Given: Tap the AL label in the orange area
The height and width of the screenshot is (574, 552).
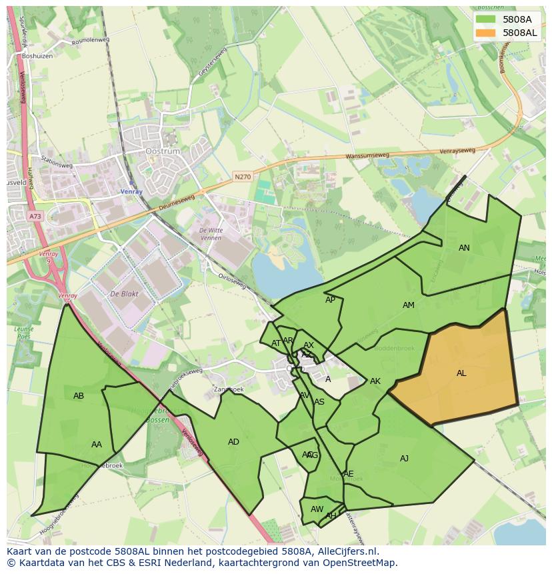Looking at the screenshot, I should pyautogui.click(x=461, y=373).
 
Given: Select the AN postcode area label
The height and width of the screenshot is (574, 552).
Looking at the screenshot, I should pyautogui.click(x=464, y=248).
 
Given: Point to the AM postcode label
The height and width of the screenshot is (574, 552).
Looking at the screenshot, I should pyautogui.click(x=409, y=305).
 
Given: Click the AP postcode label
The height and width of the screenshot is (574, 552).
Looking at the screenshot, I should pyautogui.click(x=330, y=300).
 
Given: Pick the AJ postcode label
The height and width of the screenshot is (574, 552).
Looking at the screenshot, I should pyautogui.click(x=404, y=459).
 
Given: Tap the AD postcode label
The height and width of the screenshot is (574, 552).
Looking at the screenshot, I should pyautogui.click(x=233, y=442).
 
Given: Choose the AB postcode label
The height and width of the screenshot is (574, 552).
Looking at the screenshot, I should pyautogui.click(x=79, y=396).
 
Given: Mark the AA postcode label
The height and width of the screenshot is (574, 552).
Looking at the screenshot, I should pyautogui.click(x=97, y=445).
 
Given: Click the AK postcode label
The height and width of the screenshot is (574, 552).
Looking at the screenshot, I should pyautogui.click(x=375, y=381).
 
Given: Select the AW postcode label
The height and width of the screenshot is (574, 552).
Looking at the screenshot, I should pyautogui.click(x=317, y=509).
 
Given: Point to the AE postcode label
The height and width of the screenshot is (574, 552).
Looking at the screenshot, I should pyautogui.click(x=348, y=474).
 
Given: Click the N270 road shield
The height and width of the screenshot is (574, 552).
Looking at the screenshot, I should pyautogui.click(x=242, y=177).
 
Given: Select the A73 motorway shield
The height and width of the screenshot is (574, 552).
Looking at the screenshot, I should pyautogui.click(x=35, y=216).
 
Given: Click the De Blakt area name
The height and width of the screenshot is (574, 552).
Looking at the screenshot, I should pyautogui.click(x=123, y=294).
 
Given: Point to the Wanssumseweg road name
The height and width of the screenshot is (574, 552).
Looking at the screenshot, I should pyautogui.click(x=367, y=157).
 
